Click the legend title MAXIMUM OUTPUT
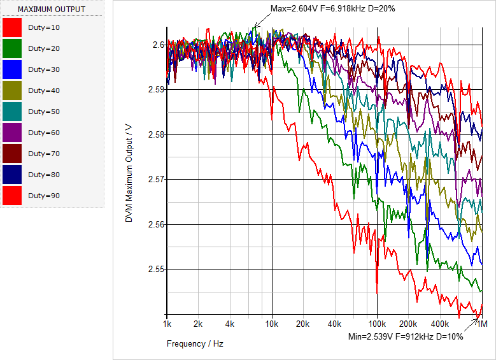pyautogui.click(x=51, y=10)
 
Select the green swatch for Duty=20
pyautogui.click(x=12, y=48)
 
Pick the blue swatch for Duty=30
pyautogui.click(x=12, y=69)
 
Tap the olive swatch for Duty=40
pyautogui.click(x=12, y=90)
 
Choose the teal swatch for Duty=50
pyautogui.click(x=12, y=112)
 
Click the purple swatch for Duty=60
pyautogui.click(x=12, y=133)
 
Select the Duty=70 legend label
pyautogui.click(x=44, y=154)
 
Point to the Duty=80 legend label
pyautogui.click(x=44, y=175)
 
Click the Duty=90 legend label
pyautogui.click(x=44, y=196)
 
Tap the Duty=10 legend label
pyautogui.click(x=44, y=27)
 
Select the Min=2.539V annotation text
pyautogui.click(x=406, y=336)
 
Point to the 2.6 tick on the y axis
pyautogui.click(x=159, y=45)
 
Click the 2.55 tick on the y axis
pyautogui.click(x=155, y=270)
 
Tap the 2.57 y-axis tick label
pyautogui.click(x=155, y=180)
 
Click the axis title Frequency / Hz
pyautogui.click(x=195, y=343)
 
